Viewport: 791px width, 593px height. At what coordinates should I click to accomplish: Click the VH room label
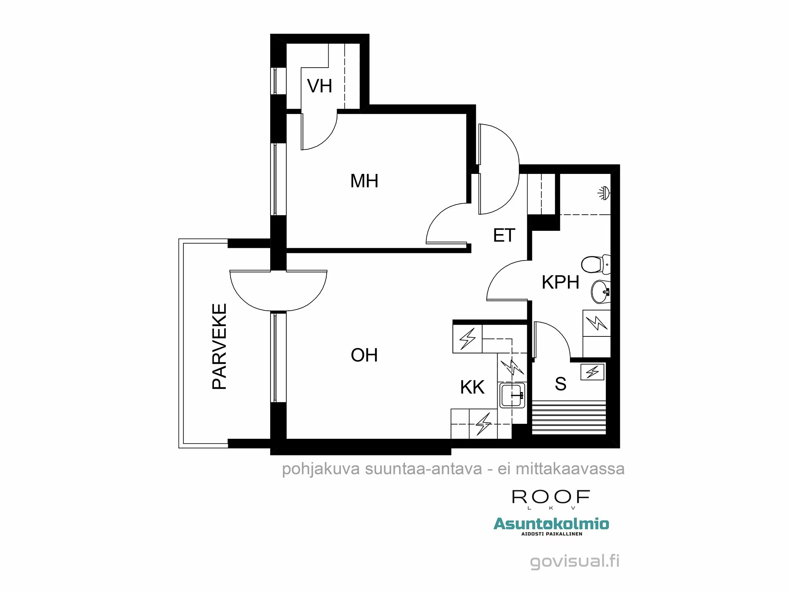(x=320, y=86)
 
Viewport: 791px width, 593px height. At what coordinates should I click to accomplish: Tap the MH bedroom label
(x=364, y=181)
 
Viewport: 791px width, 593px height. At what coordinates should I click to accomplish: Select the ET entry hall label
(x=504, y=236)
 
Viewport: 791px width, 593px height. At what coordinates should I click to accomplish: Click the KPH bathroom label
(x=560, y=282)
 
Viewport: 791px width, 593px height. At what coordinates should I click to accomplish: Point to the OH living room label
(x=364, y=355)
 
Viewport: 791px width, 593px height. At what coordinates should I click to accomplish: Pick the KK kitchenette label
(x=472, y=387)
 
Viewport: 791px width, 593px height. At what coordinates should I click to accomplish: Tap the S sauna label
(x=560, y=384)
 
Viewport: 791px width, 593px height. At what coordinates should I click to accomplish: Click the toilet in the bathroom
(x=595, y=264)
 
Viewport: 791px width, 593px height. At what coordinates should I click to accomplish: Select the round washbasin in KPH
(x=600, y=292)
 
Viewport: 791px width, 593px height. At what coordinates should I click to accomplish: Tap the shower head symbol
(x=604, y=193)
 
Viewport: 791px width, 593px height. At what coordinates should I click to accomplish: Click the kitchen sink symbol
(x=512, y=395)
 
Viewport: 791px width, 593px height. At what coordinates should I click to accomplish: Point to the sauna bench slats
(x=569, y=417)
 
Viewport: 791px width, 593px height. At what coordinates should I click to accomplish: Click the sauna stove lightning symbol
(x=592, y=372)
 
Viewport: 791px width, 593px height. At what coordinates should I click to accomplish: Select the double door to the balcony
(x=278, y=291)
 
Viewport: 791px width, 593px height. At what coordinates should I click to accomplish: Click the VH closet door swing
(x=318, y=132)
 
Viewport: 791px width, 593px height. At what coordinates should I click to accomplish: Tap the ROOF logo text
(x=551, y=497)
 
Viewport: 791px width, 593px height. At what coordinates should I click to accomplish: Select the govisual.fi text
(x=574, y=561)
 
